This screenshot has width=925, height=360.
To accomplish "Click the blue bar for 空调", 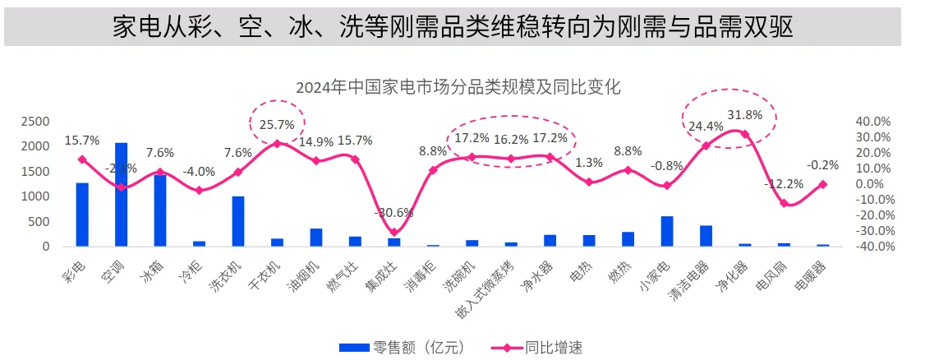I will [121, 194].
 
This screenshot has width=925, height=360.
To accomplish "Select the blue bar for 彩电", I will [82, 214].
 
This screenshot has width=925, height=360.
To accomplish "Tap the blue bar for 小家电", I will [667, 231].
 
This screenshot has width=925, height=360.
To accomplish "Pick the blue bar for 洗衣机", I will [238, 220].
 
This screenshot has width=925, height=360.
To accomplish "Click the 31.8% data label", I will [745, 114].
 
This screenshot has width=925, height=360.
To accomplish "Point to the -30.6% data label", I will [393, 212].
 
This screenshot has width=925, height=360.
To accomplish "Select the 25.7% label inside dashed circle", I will [277, 125].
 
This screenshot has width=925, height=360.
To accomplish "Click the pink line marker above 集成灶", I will [394, 233].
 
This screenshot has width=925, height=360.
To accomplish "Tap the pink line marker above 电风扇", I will [784, 203].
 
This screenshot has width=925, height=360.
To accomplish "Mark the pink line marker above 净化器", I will [745, 134].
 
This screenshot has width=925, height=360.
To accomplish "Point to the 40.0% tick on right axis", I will [872, 122].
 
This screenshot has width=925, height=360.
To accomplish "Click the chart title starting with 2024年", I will [458, 86].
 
